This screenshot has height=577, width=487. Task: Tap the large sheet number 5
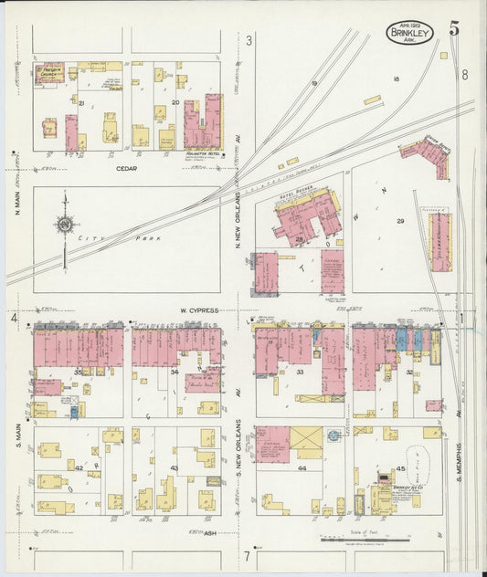(454, 27)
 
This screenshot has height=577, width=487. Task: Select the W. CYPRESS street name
(198, 310)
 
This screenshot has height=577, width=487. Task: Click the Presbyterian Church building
(49, 73)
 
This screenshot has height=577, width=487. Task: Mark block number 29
(399, 222)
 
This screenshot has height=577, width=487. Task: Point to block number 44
(302, 467)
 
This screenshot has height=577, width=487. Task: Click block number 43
(174, 468)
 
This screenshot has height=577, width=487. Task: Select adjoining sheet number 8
(464, 75)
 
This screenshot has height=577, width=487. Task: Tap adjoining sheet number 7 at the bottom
(246, 555)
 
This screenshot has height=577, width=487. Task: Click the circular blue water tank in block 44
(333, 436)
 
